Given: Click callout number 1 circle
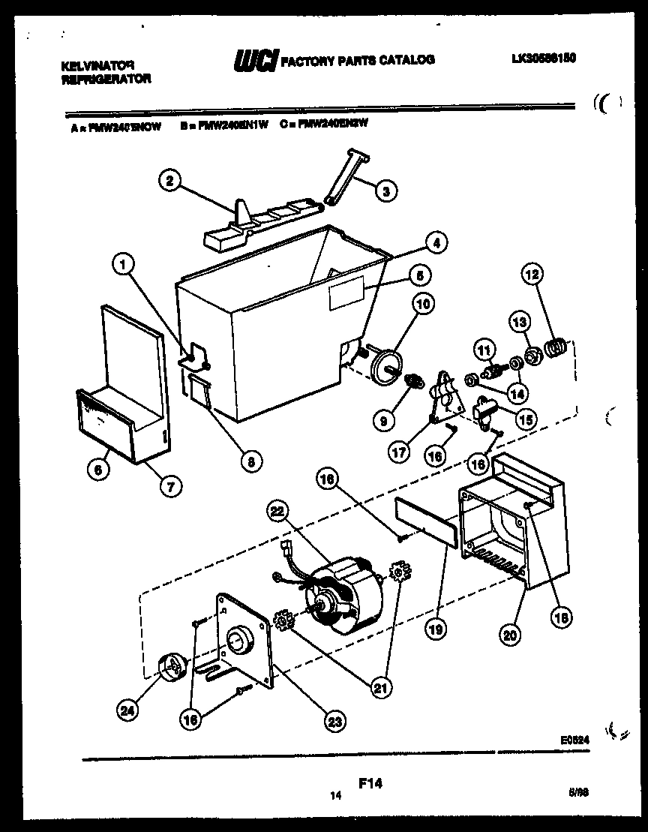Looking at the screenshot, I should click(x=124, y=263).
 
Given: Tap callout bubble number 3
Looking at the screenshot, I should click(x=385, y=191).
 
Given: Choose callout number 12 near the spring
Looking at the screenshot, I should click(x=532, y=275).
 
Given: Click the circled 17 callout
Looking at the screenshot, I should click(x=398, y=452).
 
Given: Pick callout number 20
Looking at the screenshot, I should click(x=509, y=635).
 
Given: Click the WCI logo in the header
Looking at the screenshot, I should click(x=255, y=61).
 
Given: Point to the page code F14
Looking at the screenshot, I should click(x=370, y=784).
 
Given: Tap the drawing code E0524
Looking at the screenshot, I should click(x=574, y=739).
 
